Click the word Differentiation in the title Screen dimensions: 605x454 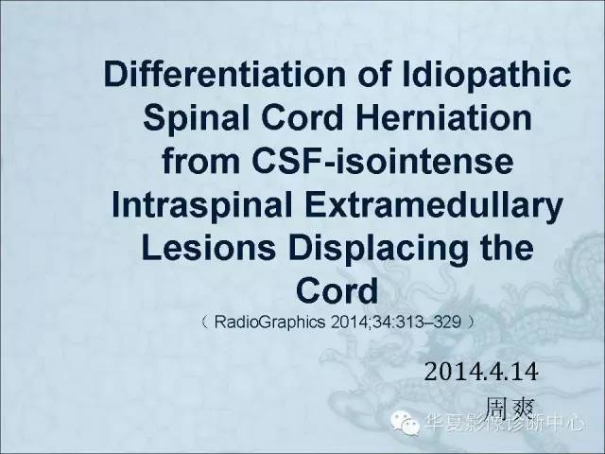click(x=225, y=74)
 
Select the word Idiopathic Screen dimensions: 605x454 click(x=487, y=76)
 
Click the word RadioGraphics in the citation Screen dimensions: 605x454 click(x=269, y=322)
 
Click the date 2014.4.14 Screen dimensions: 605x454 click(x=481, y=373)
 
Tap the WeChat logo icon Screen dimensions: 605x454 click(x=405, y=423)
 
